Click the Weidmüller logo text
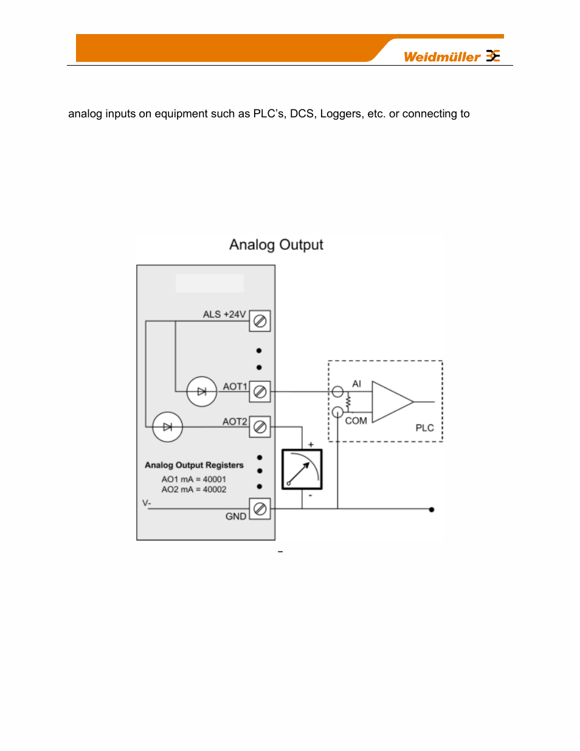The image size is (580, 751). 442,57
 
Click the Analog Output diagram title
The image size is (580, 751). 276,244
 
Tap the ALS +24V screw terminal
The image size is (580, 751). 260,321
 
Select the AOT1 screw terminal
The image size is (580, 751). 260,392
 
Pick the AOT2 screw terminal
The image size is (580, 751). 260,427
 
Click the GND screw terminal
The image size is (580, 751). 260,509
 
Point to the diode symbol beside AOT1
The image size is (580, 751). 202,392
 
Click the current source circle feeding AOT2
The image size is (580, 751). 167,427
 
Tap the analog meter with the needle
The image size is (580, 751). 302,469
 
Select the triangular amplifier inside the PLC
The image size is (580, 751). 391,402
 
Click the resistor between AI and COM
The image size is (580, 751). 348,402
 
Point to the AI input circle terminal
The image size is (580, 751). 337,392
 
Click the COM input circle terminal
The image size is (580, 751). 337,412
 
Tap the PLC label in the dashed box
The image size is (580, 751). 424,428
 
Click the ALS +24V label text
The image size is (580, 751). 224,314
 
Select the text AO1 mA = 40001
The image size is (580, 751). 193,479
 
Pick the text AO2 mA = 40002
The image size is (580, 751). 193,490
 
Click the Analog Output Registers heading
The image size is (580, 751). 194,465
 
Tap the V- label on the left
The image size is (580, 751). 147,503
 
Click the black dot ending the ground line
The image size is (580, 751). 432,510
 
